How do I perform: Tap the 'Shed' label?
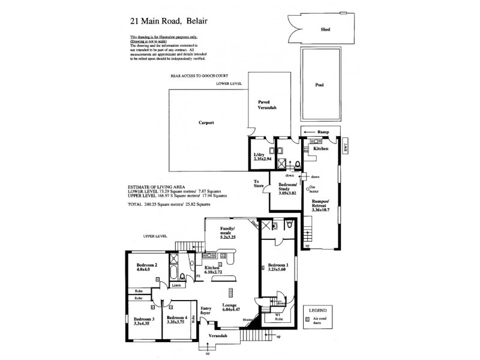(325, 29)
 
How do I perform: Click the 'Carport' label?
(206, 122)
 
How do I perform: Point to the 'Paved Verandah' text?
(266, 106)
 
